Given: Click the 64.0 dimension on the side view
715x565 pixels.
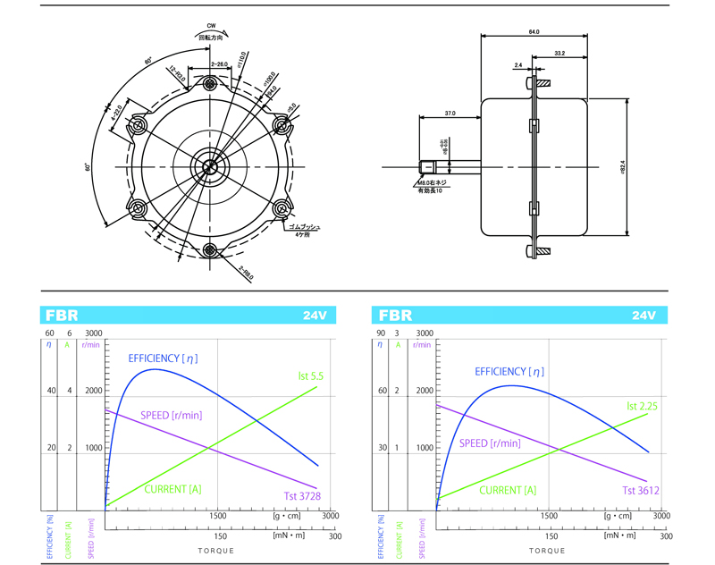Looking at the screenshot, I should (x=534, y=31).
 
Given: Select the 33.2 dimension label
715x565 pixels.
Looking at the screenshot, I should (x=559, y=54).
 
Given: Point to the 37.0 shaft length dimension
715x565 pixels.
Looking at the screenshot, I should (x=450, y=114).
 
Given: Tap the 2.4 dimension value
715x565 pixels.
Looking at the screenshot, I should (x=518, y=64).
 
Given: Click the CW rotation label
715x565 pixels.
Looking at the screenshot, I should (x=211, y=26).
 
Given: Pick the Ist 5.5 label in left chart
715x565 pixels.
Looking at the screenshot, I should (x=312, y=376).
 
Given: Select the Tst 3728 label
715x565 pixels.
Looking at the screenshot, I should (x=302, y=495).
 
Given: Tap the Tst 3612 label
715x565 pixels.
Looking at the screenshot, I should (x=640, y=491).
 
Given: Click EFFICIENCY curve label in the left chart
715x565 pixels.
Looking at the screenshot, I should (x=164, y=358).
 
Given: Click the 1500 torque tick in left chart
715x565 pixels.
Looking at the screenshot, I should (x=217, y=516).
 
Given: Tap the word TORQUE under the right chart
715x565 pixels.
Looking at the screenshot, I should (x=546, y=550).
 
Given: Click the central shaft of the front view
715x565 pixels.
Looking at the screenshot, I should (x=211, y=166).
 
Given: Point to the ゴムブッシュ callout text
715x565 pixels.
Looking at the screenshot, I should (x=306, y=228).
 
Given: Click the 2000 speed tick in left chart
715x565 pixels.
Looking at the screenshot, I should (x=93, y=391).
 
